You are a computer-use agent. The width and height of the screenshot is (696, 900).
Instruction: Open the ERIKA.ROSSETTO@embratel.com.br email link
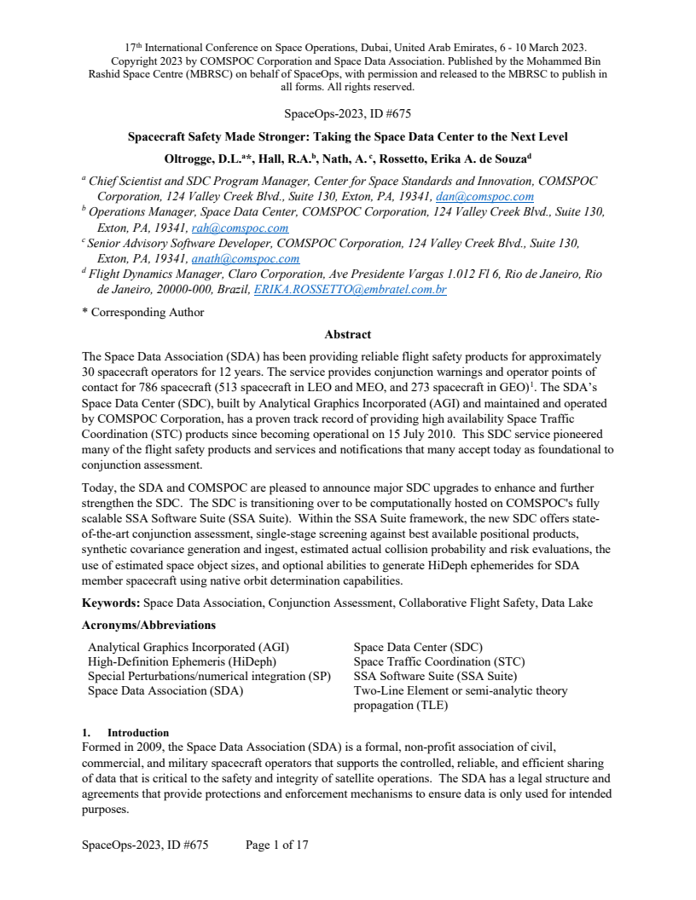click(351, 290)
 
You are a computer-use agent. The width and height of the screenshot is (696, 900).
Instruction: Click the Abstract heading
click(347, 334)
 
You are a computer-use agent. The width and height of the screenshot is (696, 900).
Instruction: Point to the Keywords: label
click(111, 603)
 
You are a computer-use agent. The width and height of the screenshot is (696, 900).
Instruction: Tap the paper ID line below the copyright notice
click(347, 112)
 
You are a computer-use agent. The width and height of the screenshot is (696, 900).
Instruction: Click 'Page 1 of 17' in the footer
click(276, 845)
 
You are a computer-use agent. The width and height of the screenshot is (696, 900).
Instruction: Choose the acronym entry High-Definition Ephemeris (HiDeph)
click(182, 661)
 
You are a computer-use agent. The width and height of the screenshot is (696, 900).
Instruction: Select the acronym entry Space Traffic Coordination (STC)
click(438, 661)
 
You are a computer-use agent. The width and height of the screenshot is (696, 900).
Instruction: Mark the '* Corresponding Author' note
click(143, 312)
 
